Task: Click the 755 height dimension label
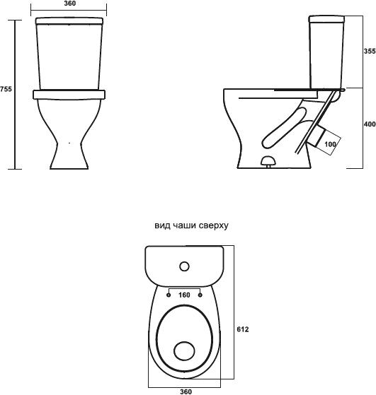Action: pyautogui.click(x=6, y=89)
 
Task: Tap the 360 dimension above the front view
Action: pyautogui.click(x=69, y=4)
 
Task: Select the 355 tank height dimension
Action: pyautogui.click(x=370, y=51)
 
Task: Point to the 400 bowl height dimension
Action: pyautogui.click(x=370, y=124)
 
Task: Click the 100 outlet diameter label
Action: pyautogui.click(x=330, y=144)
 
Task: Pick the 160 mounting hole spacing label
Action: pyautogui.click(x=184, y=295)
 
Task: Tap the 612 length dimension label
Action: pyautogui.click(x=243, y=329)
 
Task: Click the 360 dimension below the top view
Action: pyautogui.click(x=186, y=391)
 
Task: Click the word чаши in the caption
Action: pyautogui.click(x=181, y=225)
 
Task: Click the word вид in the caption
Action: pyautogui.click(x=161, y=225)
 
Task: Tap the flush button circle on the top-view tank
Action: pyautogui.click(x=185, y=266)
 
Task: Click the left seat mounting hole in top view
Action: pyautogui.click(x=169, y=295)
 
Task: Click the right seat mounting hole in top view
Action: pyautogui.click(x=200, y=295)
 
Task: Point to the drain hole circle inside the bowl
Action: pyautogui.click(x=185, y=351)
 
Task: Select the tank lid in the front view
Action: pyautogui.click(x=69, y=21)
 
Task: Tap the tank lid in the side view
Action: pyautogui.click(x=326, y=19)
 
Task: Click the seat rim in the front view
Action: pyautogui.click(x=69, y=94)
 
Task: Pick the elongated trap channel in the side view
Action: pyautogui.click(x=285, y=128)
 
